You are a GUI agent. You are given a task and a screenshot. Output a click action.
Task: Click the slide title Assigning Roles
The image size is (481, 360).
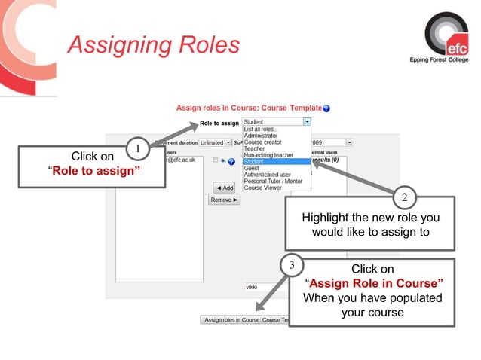(153, 44)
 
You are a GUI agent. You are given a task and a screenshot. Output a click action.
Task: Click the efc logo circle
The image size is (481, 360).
(446, 35)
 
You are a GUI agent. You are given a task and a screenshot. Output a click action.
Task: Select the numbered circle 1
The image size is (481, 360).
(136, 148)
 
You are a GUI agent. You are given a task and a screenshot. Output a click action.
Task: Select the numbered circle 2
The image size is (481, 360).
(404, 198)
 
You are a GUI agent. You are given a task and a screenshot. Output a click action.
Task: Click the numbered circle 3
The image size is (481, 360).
(292, 266)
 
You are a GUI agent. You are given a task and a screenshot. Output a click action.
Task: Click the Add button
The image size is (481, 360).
(224, 188)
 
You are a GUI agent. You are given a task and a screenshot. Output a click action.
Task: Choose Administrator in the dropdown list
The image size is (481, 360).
(261, 136)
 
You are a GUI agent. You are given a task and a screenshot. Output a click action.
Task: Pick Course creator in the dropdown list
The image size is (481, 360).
(262, 142)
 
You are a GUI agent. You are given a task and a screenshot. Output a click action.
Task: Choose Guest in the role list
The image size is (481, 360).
(251, 168)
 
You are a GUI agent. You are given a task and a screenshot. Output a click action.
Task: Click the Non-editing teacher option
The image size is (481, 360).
(268, 155)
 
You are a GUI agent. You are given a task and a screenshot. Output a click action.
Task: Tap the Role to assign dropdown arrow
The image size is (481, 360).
(307, 121)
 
